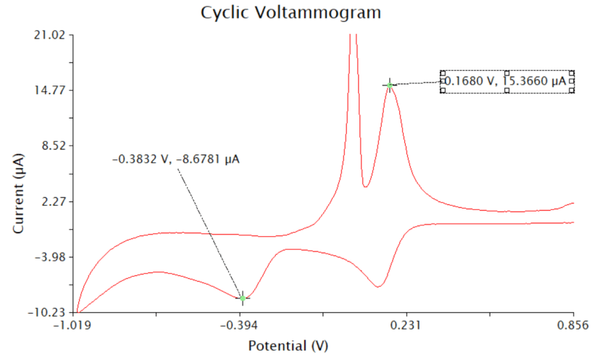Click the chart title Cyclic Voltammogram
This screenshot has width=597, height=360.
coord(290,13)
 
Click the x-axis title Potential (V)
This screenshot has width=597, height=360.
coord(288,346)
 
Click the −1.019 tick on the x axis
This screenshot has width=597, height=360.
coord(76,327)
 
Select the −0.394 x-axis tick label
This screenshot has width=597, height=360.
coord(242,327)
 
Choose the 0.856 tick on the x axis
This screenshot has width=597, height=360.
coord(573,327)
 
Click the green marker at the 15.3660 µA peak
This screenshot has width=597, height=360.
coord(390,85)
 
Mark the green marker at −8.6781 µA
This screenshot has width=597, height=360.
coord(243,298)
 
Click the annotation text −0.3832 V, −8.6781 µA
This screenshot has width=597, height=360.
coord(176,159)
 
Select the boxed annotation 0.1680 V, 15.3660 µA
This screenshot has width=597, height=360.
coord(506,82)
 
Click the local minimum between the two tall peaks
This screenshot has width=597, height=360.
coord(365,186)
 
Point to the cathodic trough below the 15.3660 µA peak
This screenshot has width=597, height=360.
coord(377,287)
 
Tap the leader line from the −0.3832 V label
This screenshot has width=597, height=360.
coord(210,232)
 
